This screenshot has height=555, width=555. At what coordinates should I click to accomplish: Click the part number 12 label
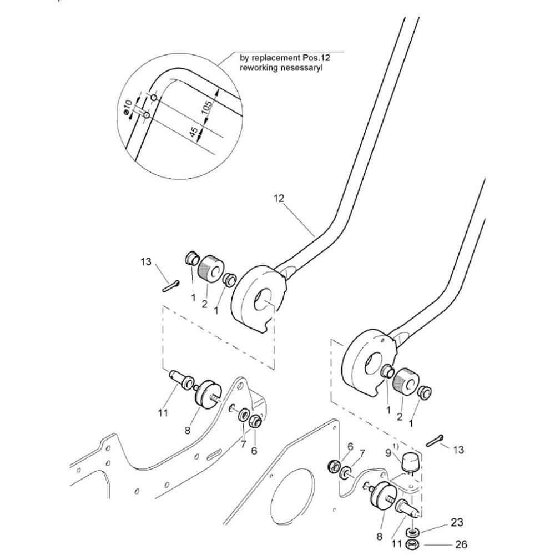(279, 199)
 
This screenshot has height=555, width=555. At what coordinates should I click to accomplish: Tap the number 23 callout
(457, 522)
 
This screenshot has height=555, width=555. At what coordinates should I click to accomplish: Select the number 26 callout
(461, 544)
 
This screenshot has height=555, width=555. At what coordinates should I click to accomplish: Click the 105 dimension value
(207, 107)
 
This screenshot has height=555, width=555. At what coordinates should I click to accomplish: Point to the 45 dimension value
(194, 133)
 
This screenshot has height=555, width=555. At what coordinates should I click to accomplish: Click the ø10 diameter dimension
(128, 107)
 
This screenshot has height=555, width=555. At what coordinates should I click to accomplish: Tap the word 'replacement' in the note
(272, 58)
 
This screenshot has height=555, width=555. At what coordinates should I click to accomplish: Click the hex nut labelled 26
(412, 544)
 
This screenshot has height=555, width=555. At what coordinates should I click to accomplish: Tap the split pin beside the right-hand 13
(435, 441)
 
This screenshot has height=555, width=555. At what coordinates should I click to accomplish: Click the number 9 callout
(389, 453)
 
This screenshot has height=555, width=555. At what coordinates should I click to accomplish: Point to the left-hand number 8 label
(187, 431)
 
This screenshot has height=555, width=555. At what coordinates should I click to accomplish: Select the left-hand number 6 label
(254, 451)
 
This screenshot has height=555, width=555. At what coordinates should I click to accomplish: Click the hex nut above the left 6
(255, 421)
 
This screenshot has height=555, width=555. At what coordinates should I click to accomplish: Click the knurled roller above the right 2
(406, 382)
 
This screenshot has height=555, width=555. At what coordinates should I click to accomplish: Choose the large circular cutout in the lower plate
(292, 494)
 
